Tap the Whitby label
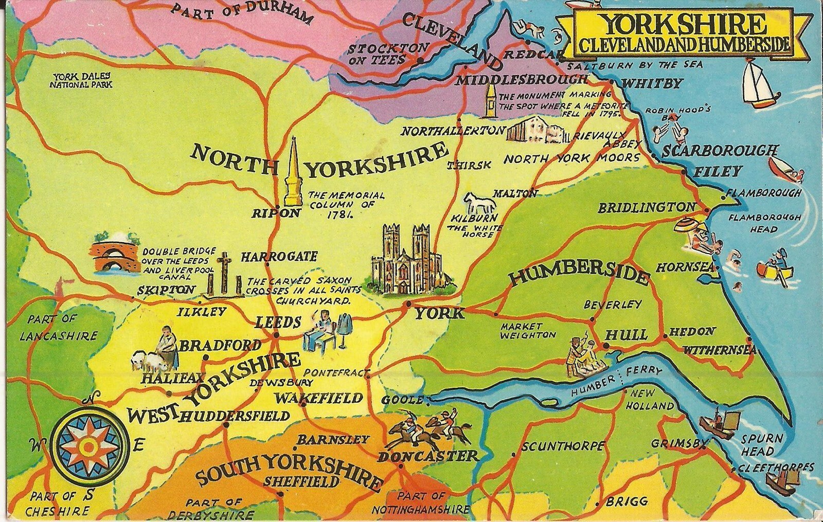652,84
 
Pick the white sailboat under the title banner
759,85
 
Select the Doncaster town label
428,456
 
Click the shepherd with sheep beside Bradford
157,352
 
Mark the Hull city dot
605,346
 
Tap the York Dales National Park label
81,80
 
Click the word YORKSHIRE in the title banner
682,24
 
